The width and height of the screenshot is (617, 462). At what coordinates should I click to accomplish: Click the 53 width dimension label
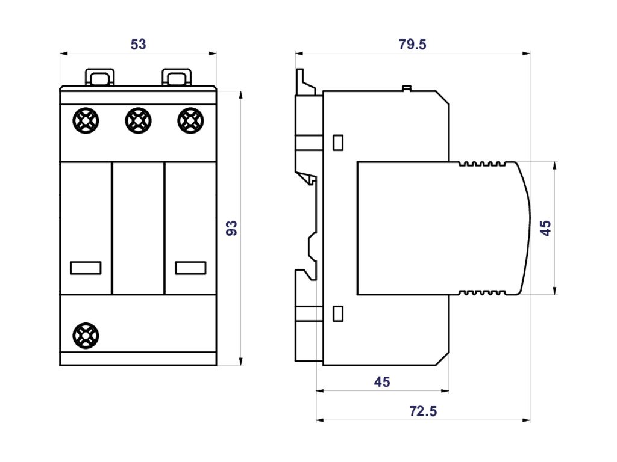138,45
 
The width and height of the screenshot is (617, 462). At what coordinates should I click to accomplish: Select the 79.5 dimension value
413,45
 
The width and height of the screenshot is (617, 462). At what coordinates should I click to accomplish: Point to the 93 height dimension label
232,228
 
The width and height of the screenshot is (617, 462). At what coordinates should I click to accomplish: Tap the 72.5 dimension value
422,411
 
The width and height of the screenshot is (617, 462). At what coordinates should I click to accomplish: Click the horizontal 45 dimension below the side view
382,382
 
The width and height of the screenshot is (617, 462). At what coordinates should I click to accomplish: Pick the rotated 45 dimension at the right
545,228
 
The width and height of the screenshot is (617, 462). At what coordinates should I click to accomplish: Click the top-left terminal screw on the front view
85,120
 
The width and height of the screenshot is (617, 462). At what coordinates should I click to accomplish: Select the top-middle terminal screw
137,120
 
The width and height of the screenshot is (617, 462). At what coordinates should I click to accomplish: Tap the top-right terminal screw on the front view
190,120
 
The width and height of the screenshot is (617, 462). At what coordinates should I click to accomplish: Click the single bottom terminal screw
85,335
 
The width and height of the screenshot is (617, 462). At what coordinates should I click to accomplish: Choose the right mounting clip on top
176,78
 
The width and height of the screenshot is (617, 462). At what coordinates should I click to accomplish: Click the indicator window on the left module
86,268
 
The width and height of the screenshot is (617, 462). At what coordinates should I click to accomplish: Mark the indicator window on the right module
190,268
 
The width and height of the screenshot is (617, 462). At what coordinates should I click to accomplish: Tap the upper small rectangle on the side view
338,143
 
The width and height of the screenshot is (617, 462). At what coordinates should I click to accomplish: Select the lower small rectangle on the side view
338,313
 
